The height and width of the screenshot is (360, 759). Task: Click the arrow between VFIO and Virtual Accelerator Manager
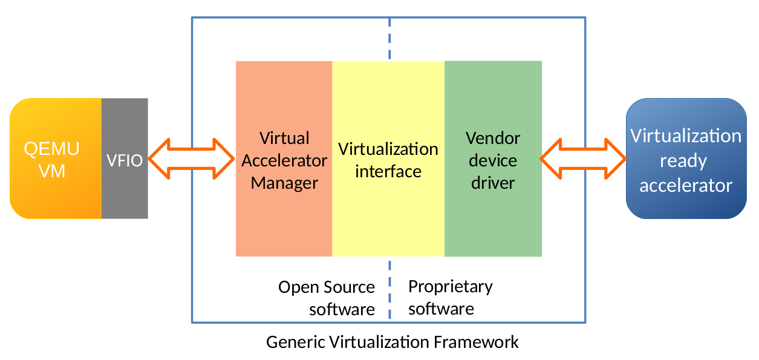pyautogui.click(x=191, y=159)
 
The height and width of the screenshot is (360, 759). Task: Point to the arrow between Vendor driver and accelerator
pyautogui.click(x=583, y=159)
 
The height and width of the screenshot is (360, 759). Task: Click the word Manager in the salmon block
pyautogui.click(x=284, y=183)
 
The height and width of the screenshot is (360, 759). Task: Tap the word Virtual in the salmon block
pyautogui.click(x=284, y=138)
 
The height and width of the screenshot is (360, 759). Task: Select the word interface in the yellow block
pyautogui.click(x=388, y=171)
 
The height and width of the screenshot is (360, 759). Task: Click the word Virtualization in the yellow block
pyautogui.click(x=388, y=149)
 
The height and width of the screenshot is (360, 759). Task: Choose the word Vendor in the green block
pyautogui.click(x=493, y=138)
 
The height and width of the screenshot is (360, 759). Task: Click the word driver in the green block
pyautogui.click(x=493, y=183)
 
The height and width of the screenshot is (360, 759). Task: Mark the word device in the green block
pyautogui.click(x=493, y=160)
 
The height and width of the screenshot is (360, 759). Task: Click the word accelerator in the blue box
pyautogui.click(x=685, y=185)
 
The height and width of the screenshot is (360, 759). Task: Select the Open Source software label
pyautogui.click(x=327, y=298)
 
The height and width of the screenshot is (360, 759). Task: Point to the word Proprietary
pyautogui.click(x=450, y=286)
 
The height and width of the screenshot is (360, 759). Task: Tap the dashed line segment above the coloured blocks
pyautogui.click(x=389, y=39)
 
